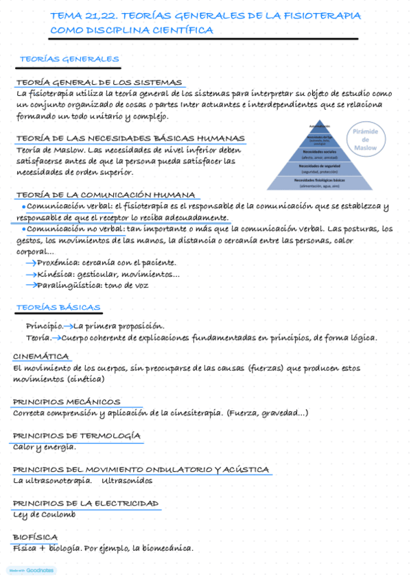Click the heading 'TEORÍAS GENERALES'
coord(69,60)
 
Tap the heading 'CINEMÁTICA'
coord(41,356)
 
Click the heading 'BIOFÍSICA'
coord(35,537)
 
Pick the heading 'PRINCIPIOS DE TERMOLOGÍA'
coord(77,436)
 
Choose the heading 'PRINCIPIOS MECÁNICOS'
coord(67,401)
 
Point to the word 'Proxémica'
coord(58,262)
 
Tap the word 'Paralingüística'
coord(69,285)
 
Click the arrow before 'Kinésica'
coord(31,274)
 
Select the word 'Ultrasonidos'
coord(127,481)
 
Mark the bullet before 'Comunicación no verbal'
coord(24,229)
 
